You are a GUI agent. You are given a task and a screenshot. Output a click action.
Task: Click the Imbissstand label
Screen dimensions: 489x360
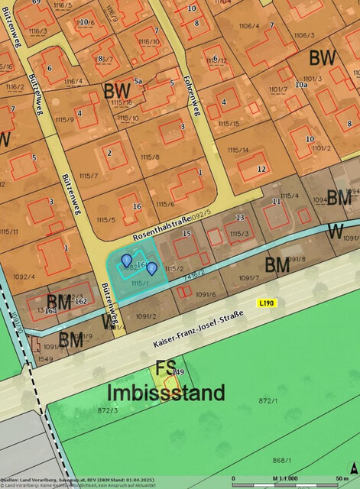click(x=166, y=393)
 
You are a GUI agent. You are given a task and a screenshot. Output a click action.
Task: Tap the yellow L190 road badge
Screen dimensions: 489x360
click(x=266, y=303)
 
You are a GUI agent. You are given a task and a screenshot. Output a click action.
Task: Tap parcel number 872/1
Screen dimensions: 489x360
click(x=267, y=400)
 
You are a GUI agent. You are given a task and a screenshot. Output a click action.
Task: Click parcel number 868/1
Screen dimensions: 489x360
click(x=282, y=459)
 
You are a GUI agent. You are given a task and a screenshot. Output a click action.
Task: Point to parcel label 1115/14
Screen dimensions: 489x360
click(x=232, y=150)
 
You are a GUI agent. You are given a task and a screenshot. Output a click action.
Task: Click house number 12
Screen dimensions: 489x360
click(x=262, y=168)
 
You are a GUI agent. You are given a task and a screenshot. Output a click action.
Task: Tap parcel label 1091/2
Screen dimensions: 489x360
click(x=145, y=316)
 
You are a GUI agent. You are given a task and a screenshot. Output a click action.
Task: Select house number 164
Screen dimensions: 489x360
click(x=51, y=310)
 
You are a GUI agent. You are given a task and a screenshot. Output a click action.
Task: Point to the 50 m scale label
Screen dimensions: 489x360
click(x=342, y=477)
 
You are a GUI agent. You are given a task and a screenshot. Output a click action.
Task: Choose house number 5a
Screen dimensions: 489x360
click(x=138, y=80)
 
